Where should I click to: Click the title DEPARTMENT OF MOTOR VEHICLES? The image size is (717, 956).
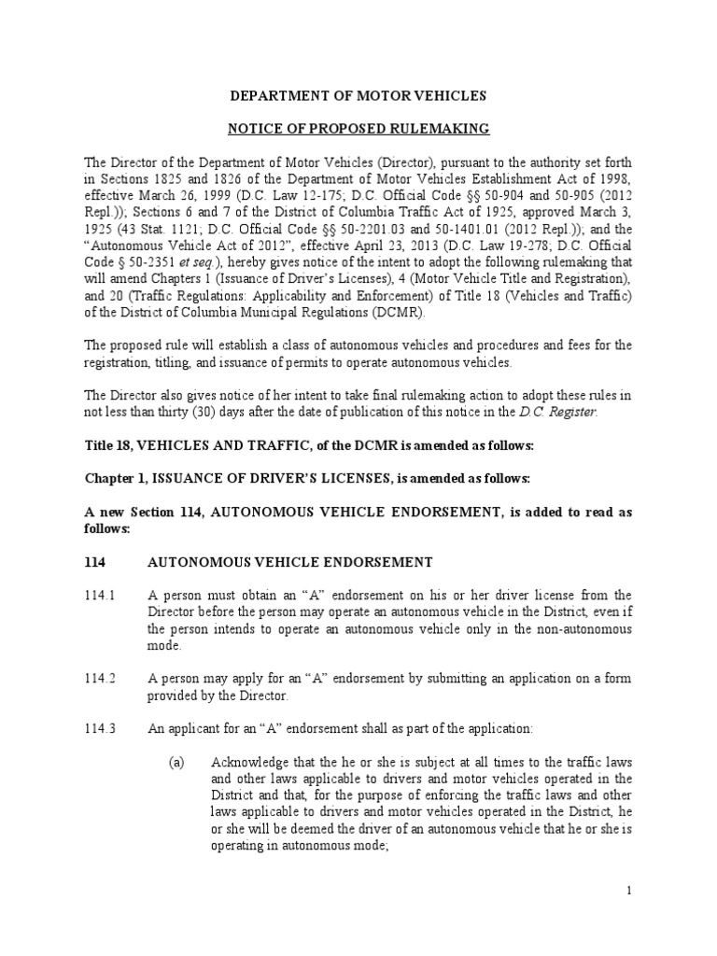(x=358, y=96)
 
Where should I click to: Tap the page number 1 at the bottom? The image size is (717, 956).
(x=629, y=891)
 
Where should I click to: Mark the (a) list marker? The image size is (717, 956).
(x=177, y=763)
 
